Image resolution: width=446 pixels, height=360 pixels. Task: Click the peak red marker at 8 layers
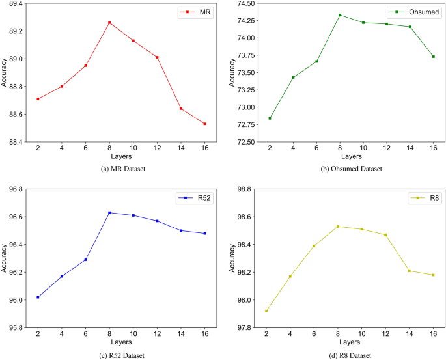(x=109, y=23)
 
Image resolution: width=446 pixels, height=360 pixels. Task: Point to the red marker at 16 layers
(x=204, y=124)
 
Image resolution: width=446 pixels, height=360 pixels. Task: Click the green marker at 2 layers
(x=270, y=118)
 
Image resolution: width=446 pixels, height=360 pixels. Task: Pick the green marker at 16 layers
(x=433, y=57)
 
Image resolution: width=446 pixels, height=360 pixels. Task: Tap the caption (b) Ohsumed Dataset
(x=351, y=169)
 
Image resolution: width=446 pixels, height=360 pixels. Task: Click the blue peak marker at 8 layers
(x=109, y=212)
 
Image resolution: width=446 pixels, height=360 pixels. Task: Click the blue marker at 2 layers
(x=38, y=297)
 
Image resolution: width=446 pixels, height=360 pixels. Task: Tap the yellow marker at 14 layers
(x=410, y=271)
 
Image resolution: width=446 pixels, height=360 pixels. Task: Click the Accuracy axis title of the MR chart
(x=5, y=73)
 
